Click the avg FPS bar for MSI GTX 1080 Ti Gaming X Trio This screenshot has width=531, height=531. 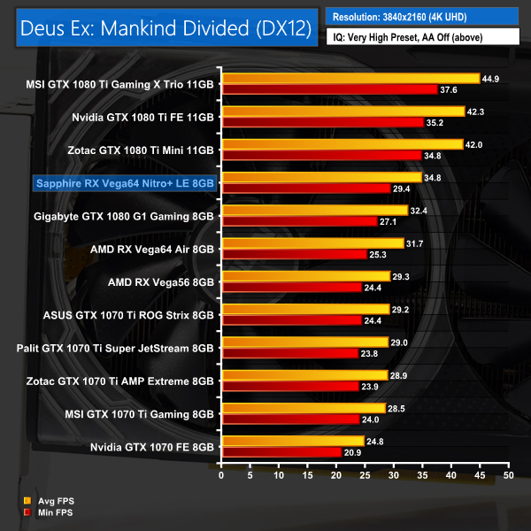[350, 79]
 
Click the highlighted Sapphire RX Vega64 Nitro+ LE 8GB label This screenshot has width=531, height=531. [123, 183]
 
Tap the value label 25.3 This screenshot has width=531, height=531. [381, 254]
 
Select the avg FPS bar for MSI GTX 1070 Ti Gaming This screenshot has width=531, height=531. [304, 407]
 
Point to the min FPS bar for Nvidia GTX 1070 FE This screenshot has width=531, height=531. [281, 451]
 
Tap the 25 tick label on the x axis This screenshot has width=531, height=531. [365, 474]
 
